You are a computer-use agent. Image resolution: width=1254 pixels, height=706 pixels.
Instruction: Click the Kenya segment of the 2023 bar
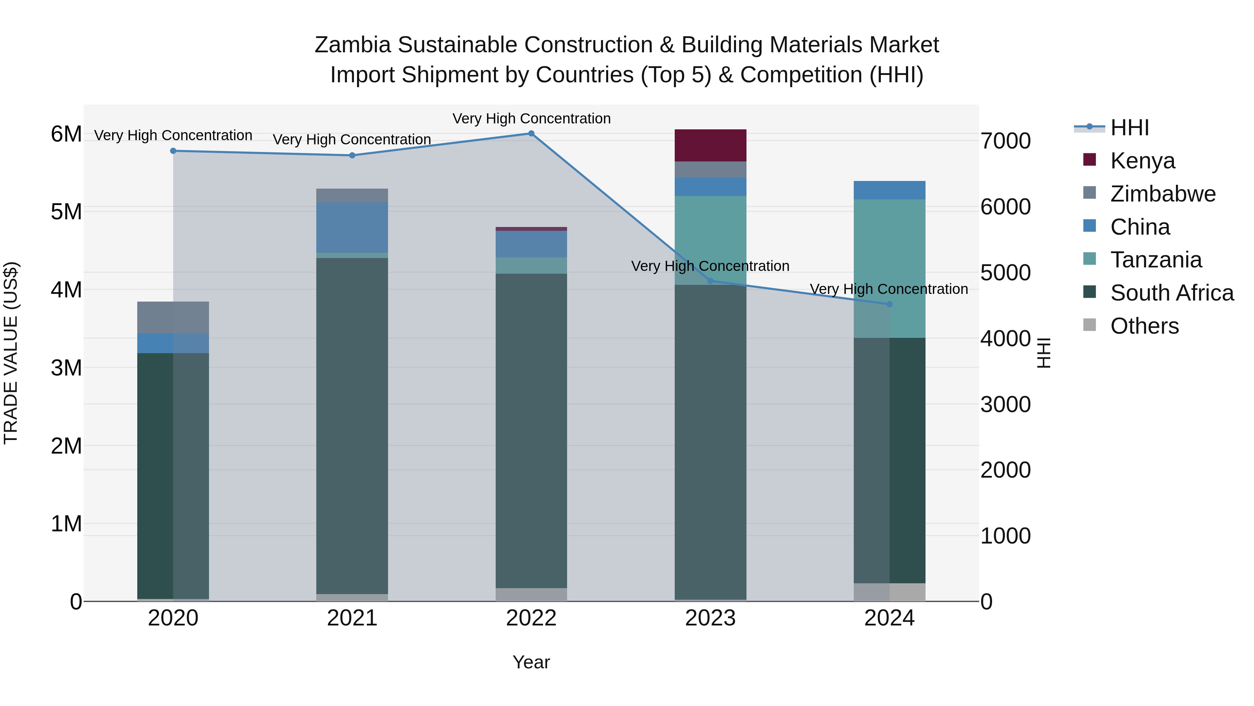[710, 145]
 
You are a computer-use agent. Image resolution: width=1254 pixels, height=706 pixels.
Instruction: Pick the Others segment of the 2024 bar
[889, 592]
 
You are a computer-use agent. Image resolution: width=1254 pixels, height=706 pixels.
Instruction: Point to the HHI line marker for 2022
[531, 134]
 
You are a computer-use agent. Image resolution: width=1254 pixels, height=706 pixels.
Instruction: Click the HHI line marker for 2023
[710, 281]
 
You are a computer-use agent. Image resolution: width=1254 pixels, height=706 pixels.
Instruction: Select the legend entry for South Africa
[1172, 293]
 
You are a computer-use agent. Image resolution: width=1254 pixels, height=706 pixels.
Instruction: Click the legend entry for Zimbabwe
[1162, 193]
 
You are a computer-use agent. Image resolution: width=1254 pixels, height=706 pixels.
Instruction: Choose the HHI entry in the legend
[1129, 128]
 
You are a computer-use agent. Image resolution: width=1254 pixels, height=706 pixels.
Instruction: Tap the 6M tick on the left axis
[66, 134]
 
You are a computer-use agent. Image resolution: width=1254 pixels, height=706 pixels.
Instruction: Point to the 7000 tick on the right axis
[1006, 141]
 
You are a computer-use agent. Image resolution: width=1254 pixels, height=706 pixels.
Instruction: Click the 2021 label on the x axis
[352, 618]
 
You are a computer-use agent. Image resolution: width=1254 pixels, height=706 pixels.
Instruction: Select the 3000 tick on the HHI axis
[1006, 404]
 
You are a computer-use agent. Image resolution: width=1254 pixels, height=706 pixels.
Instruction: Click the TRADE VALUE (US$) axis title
[11, 353]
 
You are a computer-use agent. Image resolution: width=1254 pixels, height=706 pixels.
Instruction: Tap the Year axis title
[531, 662]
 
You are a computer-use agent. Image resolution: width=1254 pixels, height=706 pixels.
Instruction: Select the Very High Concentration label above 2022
[531, 119]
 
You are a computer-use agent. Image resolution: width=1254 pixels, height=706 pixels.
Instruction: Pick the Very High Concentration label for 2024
[889, 289]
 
